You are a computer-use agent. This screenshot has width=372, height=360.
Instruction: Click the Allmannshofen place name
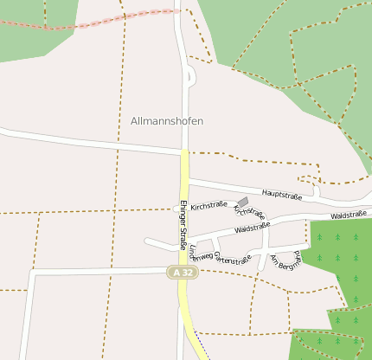(x=167, y=121)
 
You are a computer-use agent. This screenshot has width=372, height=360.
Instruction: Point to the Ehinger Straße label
(x=183, y=225)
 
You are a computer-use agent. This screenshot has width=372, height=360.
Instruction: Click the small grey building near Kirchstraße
(x=243, y=201)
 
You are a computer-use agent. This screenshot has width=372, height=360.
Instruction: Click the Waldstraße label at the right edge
(x=349, y=214)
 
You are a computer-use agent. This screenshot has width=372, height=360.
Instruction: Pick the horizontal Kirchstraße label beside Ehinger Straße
(x=208, y=206)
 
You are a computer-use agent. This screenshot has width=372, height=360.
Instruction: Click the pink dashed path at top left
(x=87, y=24)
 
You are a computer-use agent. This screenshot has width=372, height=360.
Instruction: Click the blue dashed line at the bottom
(x=202, y=346)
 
